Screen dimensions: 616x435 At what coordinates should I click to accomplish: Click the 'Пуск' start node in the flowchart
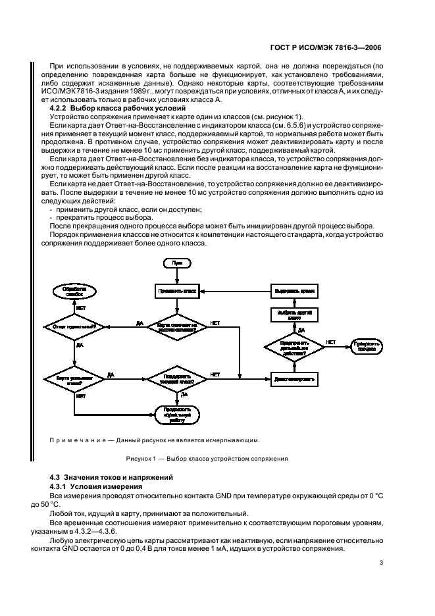(176, 263)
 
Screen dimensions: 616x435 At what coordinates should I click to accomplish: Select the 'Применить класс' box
(176, 290)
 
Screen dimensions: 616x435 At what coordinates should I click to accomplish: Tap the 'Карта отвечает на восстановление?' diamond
(176, 325)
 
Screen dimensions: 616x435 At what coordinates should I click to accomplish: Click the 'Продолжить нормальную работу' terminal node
(176, 415)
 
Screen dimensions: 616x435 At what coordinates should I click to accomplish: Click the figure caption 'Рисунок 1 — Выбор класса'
(205, 459)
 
